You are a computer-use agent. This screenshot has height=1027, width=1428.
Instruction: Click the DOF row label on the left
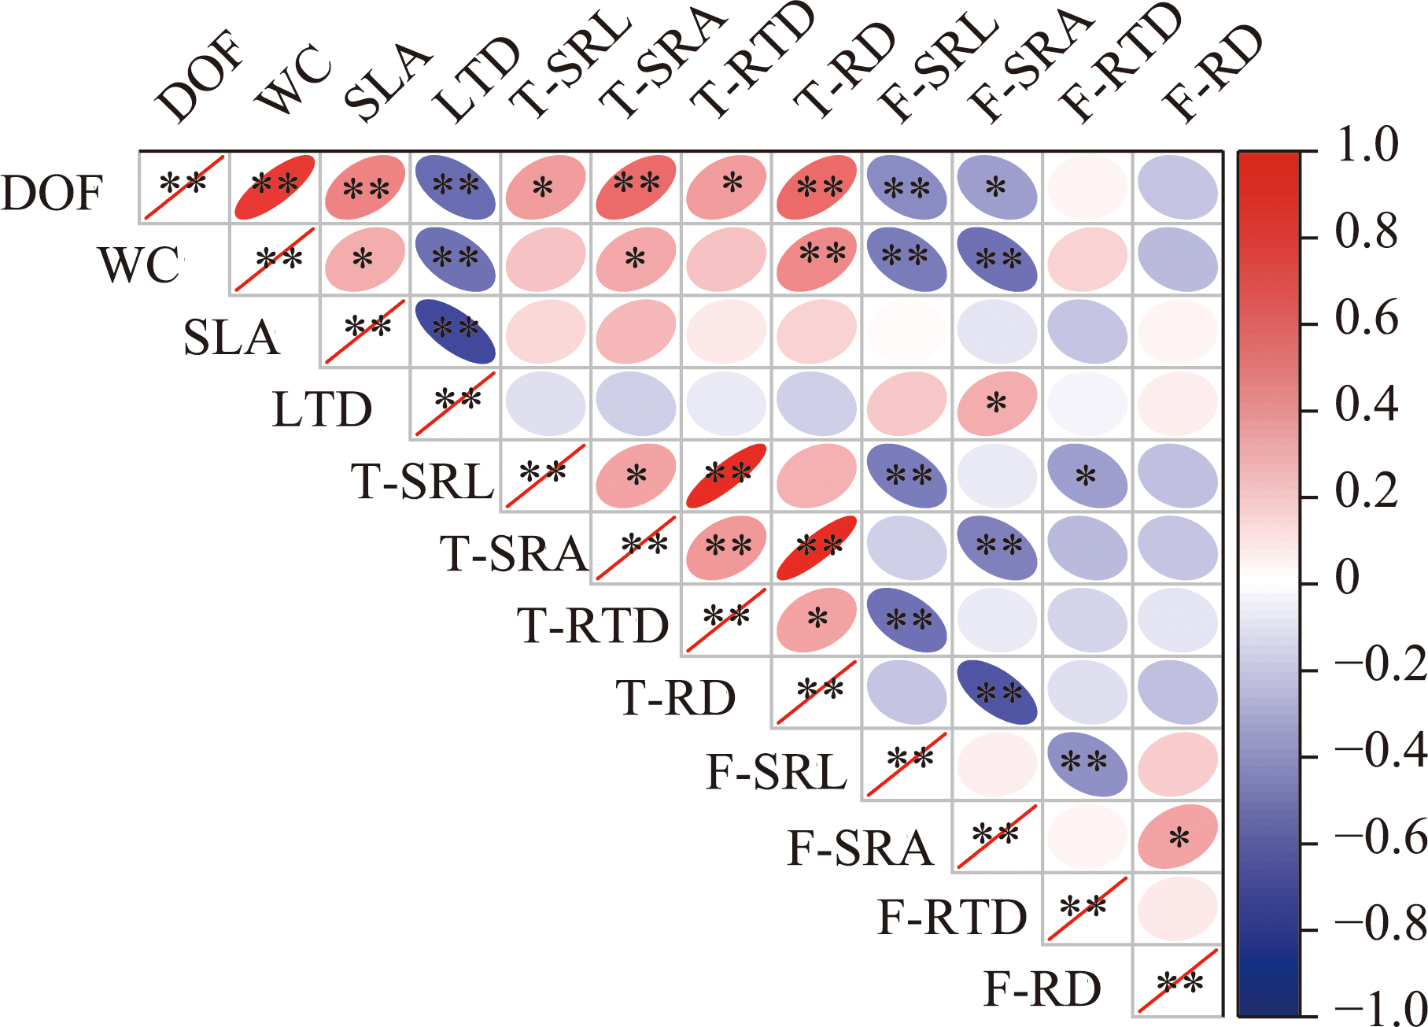pyautogui.click(x=52, y=193)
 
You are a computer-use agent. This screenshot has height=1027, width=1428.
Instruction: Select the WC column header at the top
pyautogui.click(x=293, y=79)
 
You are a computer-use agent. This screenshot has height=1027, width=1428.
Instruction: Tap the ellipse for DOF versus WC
pyautogui.click(x=275, y=187)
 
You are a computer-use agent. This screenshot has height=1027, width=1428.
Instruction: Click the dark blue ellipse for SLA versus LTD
pyautogui.click(x=455, y=331)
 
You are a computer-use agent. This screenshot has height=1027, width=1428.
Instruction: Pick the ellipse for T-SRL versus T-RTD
pyautogui.click(x=726, y=475)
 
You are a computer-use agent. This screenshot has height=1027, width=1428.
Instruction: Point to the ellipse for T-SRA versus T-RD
pyautogui.click(x=817, y=549)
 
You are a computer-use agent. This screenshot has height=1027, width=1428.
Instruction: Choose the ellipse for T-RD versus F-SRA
pyautogui.click(x=997, y=693)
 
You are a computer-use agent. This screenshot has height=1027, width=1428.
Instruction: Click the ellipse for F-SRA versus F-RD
pyautogui.click(x=1177, y=838)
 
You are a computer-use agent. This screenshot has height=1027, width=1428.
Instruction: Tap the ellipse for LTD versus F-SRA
pyautogui.click(x=997, y=404)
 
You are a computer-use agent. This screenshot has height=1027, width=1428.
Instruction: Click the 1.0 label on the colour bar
pyautogui.click(x=1367, y=146)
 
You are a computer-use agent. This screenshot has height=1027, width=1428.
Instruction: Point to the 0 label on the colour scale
pyautogui.click(x=1347, y=578)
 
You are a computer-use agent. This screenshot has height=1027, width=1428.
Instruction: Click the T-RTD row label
pyautogui.click(x=592, y=626)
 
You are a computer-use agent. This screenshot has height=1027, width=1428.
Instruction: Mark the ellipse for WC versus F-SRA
pyautogui.click(x=997, y=259)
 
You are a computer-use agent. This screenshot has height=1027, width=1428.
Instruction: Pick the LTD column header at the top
pyautogui.click(x=477, y=79)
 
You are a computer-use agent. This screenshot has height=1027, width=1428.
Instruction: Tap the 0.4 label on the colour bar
pyautogui.click(x=1367, y=405)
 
